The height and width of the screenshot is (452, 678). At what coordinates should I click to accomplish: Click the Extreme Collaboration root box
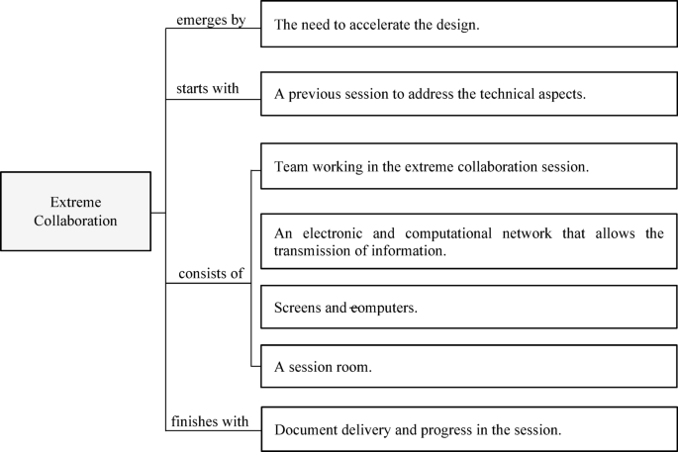(75, 211)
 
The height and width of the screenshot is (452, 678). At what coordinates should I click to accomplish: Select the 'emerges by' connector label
(211, 20)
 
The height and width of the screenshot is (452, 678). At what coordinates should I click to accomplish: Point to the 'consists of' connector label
(211, 273)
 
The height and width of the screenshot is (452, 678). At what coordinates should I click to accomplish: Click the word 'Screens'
(299, 308)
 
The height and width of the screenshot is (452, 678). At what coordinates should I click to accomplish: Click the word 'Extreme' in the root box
(75, 201)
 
